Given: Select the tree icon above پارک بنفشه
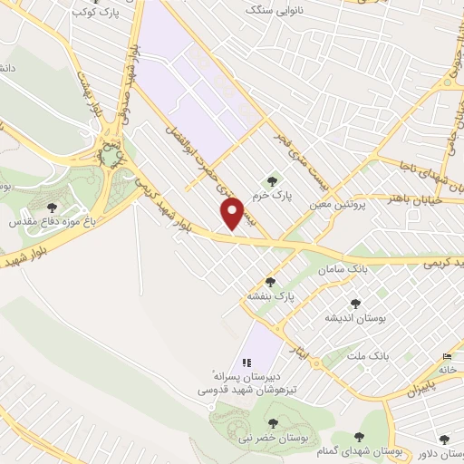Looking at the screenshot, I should (269, 282).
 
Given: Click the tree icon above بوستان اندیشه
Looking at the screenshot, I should (354, 304).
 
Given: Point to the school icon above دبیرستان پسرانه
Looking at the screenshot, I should (246, 362).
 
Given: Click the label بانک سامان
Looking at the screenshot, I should (343, 269).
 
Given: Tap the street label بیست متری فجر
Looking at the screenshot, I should (297, 149).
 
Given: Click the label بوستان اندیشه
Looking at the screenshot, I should (355, 319).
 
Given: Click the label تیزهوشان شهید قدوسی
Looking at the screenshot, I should (238, 390).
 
